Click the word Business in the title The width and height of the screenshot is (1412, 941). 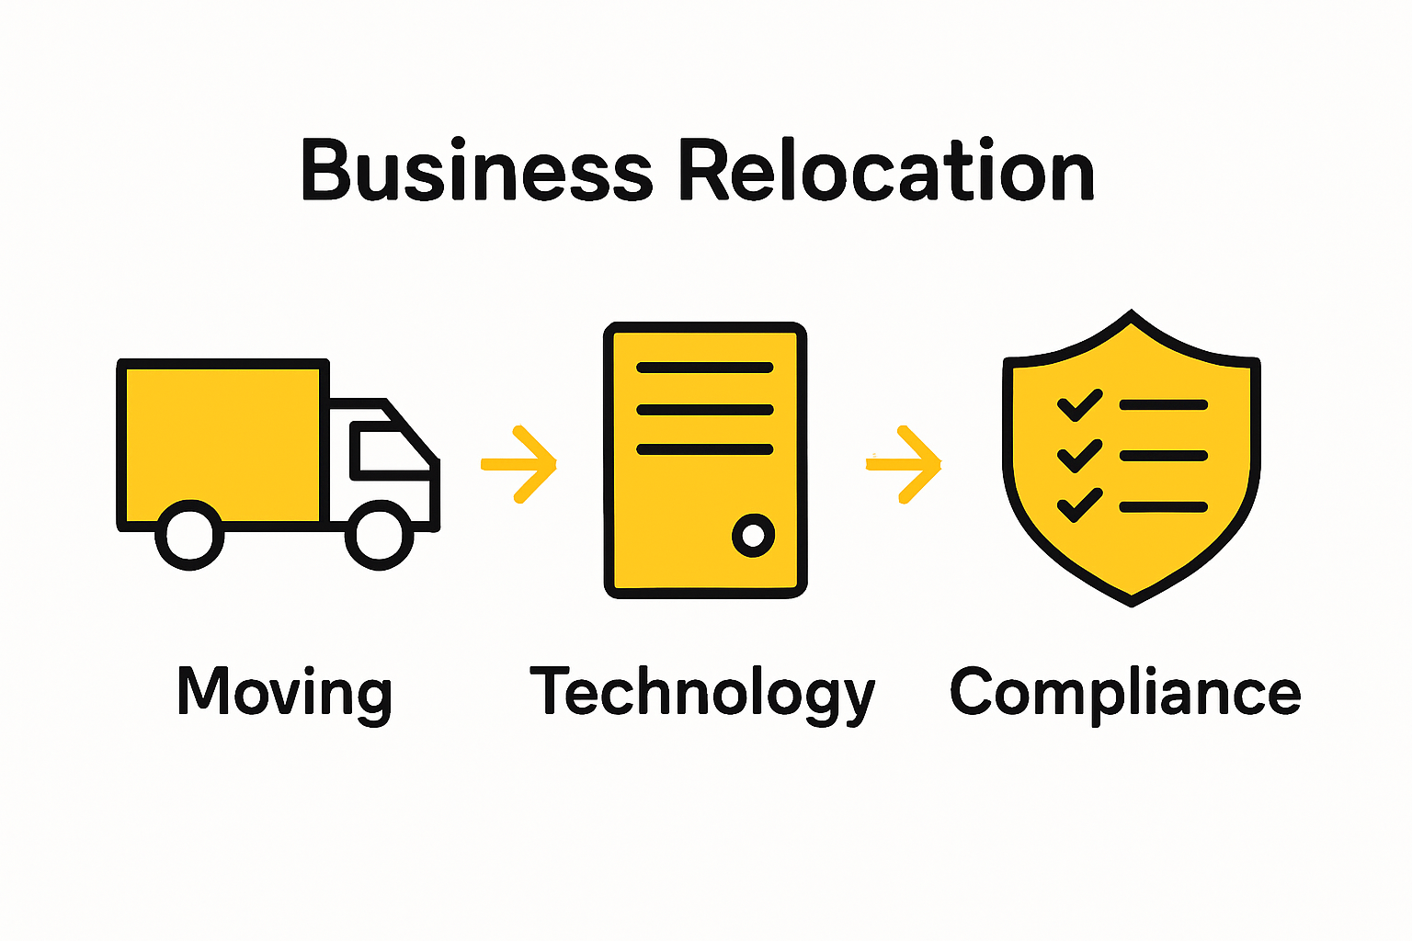pos(476,172)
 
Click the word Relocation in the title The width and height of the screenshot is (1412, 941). pos(886,172)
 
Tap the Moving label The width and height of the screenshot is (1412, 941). pos(284,693)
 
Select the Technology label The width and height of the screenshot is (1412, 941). pos(702,693)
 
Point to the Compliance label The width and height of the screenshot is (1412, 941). pos(1124,691)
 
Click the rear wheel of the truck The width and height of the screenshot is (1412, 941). pos(189,535)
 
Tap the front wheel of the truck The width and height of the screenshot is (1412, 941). pos(379,535)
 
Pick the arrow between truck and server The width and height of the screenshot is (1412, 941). pos(520,464)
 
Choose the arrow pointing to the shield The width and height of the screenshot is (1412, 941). pos(905,464)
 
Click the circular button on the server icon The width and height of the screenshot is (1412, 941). pos(753,535)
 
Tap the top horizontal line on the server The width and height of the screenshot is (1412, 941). pos(704,368)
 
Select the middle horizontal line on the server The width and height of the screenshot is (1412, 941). pos(704,409)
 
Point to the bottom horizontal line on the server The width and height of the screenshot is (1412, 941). pos(704,449)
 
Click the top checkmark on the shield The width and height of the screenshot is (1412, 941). pos(1079,405)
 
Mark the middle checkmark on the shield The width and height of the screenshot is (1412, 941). pos(1079,456)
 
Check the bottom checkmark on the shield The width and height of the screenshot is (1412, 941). pos(1079,505)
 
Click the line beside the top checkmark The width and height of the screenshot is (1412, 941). pos(1163,404)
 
